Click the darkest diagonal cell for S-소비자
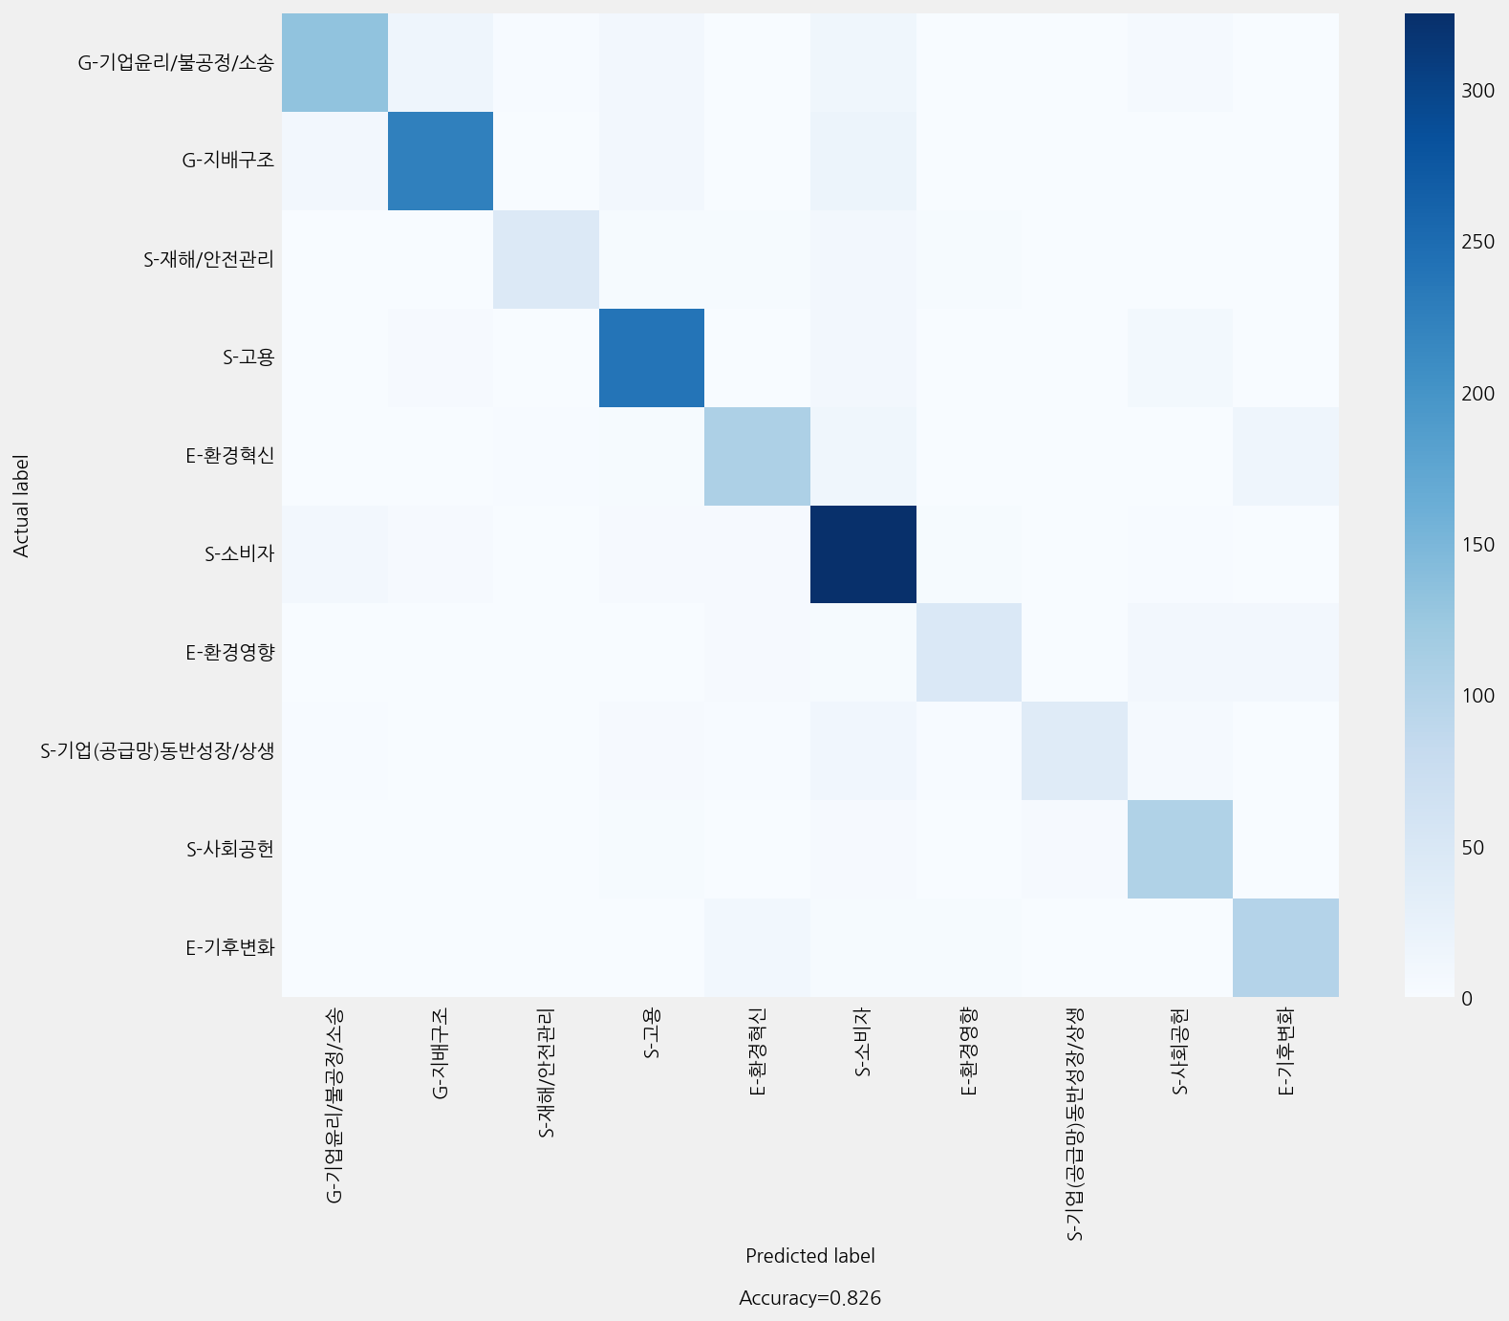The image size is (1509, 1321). (x=863, y=554)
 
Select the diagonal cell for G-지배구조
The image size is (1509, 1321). (x=441, y=161)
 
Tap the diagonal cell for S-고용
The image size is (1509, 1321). (x=652, y=357)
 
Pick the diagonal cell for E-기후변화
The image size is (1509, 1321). (x=1285, y=947)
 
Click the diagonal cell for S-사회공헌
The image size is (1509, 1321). (x=1180, y=849)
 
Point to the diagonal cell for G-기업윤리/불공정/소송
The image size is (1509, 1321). (x=334, y=62)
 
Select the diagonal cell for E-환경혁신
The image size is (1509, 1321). (x=757, y=456)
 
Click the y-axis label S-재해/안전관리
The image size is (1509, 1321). (x=209, y=259)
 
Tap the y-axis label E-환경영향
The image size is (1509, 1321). (x=230, y=653)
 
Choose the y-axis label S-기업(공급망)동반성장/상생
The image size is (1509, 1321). (x=158, y=750)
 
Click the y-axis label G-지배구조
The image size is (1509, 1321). (x=228, y=161)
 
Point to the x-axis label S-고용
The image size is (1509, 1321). (x=652, y=1034)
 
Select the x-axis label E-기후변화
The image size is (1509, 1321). (x=1285, y=1051)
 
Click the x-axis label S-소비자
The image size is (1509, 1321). (x=863, y=1043)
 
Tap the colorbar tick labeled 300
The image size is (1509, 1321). (x=1477, y=91)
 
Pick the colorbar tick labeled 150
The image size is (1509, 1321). (x=1477, y=545)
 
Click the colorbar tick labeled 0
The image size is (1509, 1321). (x=1467, y=998)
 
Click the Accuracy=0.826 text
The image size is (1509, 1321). (x=810, y=1298)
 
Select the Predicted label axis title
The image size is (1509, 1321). (x=810, y=1256)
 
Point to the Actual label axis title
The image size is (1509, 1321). (x=21, y=506)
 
